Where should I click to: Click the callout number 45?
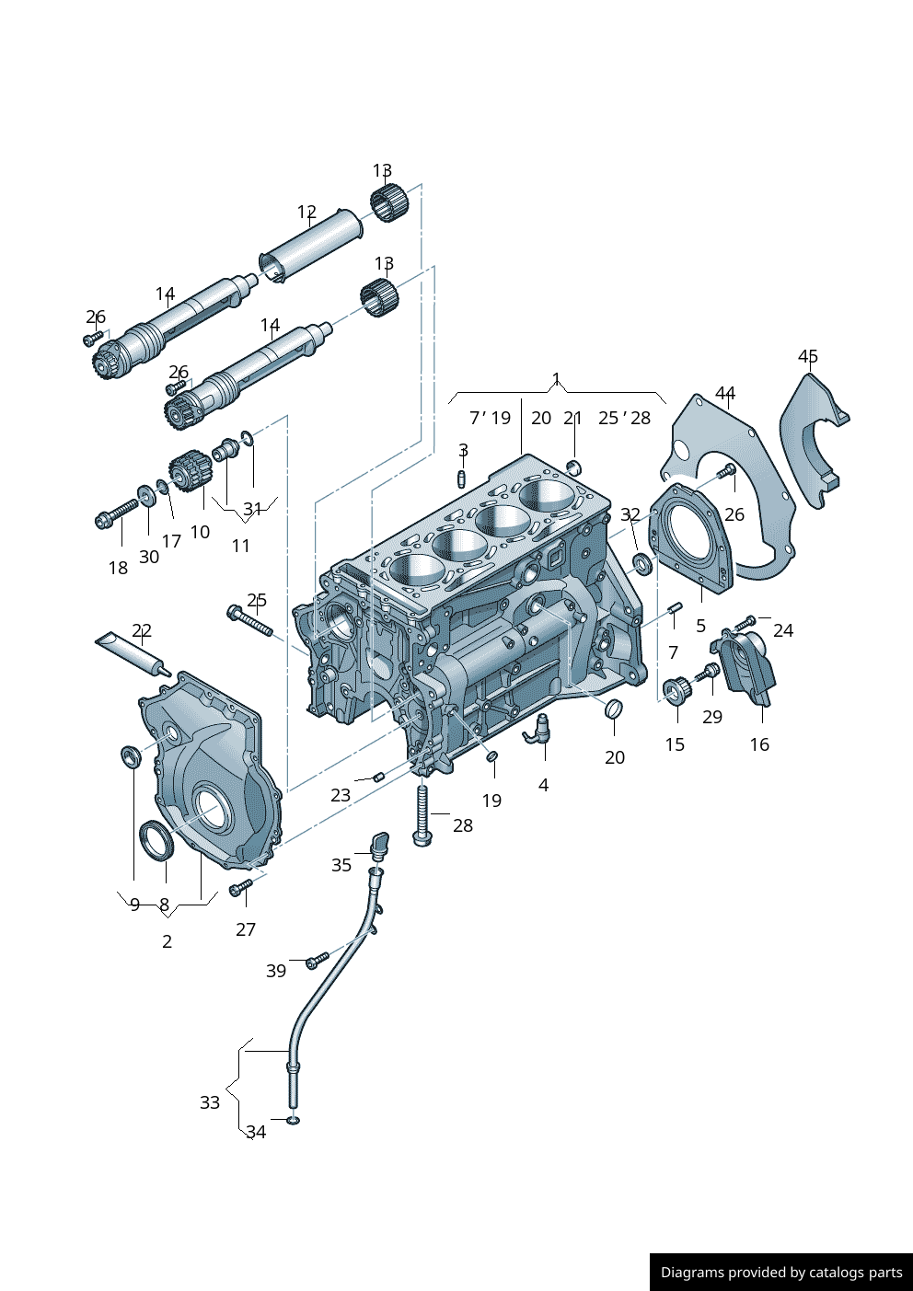point(807,356)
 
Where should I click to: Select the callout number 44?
point(725,394)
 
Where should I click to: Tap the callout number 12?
point(306,213)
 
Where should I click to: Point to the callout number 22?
point(142,630)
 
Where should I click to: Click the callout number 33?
point(210,1102)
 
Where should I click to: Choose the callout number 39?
point(276,971)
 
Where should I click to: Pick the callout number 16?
point(759,744)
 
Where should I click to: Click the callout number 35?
point(341,865)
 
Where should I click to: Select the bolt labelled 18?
point(114,513)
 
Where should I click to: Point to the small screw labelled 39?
point(317,961)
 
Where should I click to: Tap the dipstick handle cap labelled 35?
point(379,843)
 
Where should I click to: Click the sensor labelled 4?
point(539,731)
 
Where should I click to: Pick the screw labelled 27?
point(240,887)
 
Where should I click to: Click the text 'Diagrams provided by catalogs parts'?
point(781,1273)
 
